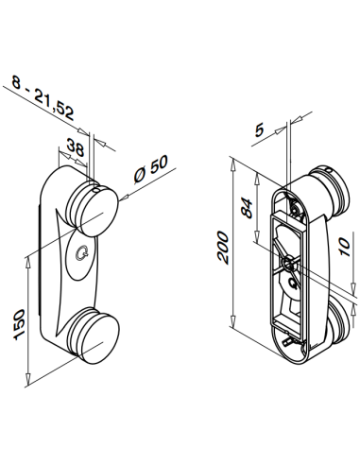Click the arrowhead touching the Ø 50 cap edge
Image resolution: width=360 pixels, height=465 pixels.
121,198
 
